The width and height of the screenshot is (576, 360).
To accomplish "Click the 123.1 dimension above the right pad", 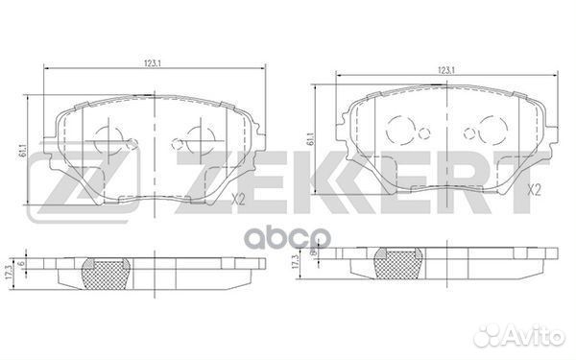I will click(444, 69).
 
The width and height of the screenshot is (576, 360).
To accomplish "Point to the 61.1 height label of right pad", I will click(311, 138).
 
